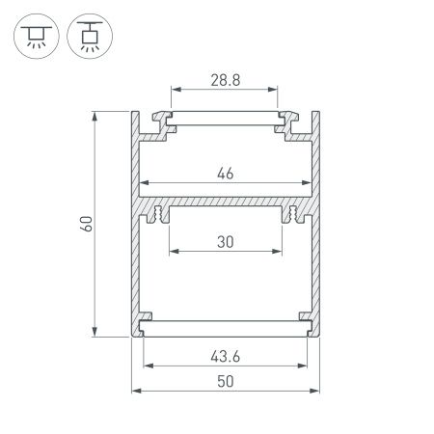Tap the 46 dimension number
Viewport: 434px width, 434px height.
[x=226, y=174]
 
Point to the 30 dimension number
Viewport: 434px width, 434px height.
[x=226, y=242]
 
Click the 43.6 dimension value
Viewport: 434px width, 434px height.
[x=226, y=356]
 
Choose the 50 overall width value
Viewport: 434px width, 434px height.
[x=226, y=381]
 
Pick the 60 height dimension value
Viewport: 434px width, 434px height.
[x=87, y=224]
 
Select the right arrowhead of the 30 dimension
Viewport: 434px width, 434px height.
[x=279, y=254]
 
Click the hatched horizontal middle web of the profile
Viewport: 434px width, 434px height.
[x=226, y=205]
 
